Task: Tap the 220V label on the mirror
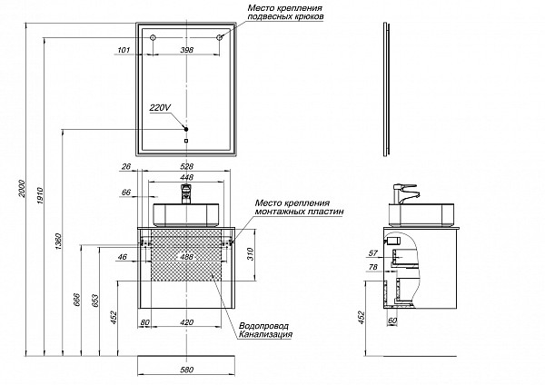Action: click(x=160, y=106)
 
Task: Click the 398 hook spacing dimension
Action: click(x=187, y=50)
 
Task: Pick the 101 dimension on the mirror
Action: click(x=124, y=50)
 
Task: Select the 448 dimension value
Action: click(x=187, y=178)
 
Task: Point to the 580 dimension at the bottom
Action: click(x=187, y=370)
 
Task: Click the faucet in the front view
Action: click(x=188, y=194)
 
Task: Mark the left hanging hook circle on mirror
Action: click(x=153, y=38)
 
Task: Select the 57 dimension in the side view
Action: click(x=372, y=254)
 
